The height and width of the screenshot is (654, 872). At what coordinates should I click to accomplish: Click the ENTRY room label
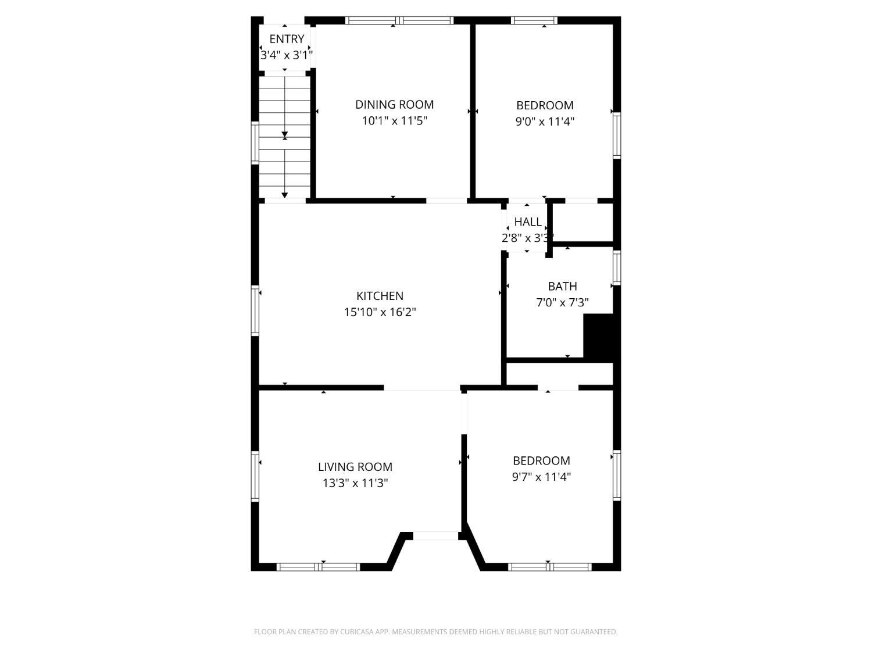(x=287, y=39)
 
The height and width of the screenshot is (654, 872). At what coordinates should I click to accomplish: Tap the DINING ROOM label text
(x=394, y=105)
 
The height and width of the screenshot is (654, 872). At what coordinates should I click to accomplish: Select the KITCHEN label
(x=380, y=296)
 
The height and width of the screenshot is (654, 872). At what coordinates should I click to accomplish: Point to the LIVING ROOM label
(x=355, y=467)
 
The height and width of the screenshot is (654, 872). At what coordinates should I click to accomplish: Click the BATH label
(x=562, y=286)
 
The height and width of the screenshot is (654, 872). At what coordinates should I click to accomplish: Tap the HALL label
(x=528, y=221)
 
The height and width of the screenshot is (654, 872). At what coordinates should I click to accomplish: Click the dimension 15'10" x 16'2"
(x=380, y=312)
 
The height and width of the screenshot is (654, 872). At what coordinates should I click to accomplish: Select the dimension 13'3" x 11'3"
(x=355, y=483)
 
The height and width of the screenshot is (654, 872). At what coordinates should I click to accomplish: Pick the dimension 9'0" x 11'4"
(x=545, y=121)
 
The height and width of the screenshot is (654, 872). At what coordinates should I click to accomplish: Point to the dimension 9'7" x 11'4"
(x=541, y=477)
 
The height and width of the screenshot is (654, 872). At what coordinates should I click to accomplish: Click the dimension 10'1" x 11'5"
(x=394, y=121)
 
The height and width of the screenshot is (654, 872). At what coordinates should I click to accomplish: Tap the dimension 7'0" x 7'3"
(x=562, y=302)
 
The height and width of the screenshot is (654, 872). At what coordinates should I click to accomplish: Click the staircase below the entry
(x=284, y=137)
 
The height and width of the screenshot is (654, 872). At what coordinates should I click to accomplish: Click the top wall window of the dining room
(x=399, y=20)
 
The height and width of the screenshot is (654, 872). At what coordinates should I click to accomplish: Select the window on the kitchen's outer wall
(x=255, y=310)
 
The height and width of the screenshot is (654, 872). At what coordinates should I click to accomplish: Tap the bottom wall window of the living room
(x=318, y=567)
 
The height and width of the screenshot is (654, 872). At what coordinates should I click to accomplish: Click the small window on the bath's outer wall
(x=617, y=267)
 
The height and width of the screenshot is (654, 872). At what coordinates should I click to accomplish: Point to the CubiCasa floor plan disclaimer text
(x=436, y=632)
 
